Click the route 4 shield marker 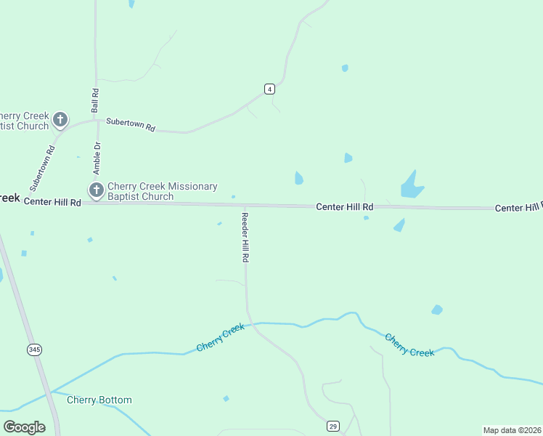[x=269, y=89]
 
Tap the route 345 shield [x=35, y=350]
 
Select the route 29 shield [x=332, y=425]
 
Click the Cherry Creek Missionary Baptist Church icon [x=96, y=190]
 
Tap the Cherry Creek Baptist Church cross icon [x=60, y=119]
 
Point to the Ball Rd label [x=95, y=100]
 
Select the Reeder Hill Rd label [x=245, y=238]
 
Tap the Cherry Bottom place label [x=99, y=400]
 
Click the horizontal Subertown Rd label [x=131, y=124]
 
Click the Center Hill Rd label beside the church [x=52, y=202]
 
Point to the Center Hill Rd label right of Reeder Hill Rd [x=344, y=207]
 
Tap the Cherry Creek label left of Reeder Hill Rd [x=221, y=339]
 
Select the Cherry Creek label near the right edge [x=409, y=344]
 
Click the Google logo [x=24, y=427]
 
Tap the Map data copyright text [x=512, y=430]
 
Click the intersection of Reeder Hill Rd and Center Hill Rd [x=243, y=206]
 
